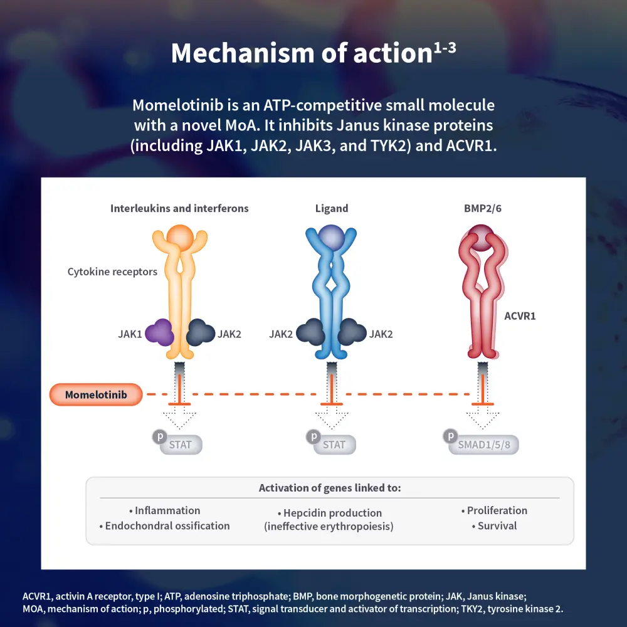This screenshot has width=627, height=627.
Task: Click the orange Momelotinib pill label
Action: coord(96,395)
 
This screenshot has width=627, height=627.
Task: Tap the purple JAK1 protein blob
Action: coord(159,332)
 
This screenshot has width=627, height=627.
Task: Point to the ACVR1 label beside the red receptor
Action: coord(520,316)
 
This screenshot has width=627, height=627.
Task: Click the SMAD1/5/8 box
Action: coord(484,445)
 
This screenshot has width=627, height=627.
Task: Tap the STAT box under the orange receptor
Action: coord(181,445)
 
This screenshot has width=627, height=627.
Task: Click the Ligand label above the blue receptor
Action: coord(331,209)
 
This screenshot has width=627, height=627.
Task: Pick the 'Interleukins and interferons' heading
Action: coord(179,209)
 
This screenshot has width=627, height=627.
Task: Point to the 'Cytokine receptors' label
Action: coord(112,272)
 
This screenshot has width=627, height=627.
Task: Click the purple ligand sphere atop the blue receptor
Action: coord(331,238)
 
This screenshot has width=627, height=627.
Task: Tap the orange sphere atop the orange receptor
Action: coord(180,237)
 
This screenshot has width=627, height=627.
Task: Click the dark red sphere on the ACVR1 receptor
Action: coord(482,240)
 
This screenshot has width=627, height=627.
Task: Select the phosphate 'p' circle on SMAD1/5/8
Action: coord(450,436)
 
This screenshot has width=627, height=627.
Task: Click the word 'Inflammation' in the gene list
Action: coord(167,510)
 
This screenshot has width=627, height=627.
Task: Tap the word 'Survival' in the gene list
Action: coord(497,526)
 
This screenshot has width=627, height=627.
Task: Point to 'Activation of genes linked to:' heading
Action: coord(330,488)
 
